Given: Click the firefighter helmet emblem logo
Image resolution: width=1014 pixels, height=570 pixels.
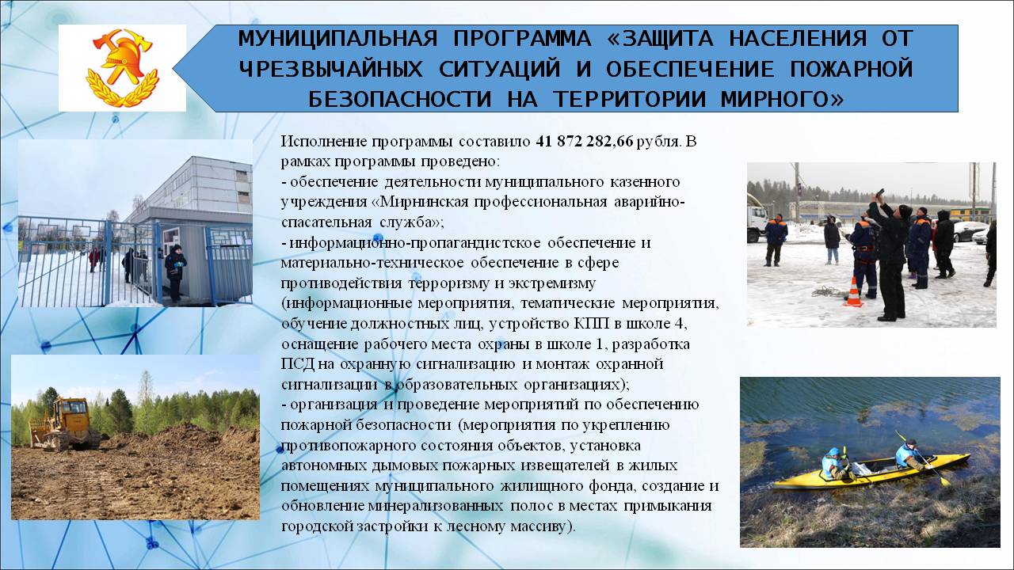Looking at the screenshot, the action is tap(122, 68).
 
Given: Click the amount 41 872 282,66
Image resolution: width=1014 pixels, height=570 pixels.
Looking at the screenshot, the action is tap(585, 142).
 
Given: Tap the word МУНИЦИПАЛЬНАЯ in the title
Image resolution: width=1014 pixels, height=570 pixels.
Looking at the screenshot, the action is tap(337, 39).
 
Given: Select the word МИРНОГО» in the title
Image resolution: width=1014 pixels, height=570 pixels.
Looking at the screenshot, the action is tap(782, 99).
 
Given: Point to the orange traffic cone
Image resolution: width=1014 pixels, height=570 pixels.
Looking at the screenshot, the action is tap(853, 292).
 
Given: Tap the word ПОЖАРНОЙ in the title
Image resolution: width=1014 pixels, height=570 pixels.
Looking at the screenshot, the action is tap(851, 69).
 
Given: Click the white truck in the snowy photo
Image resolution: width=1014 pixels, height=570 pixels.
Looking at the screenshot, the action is tap(757, 223).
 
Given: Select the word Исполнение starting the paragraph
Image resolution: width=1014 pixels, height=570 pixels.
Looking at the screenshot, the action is tap(324, 142).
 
